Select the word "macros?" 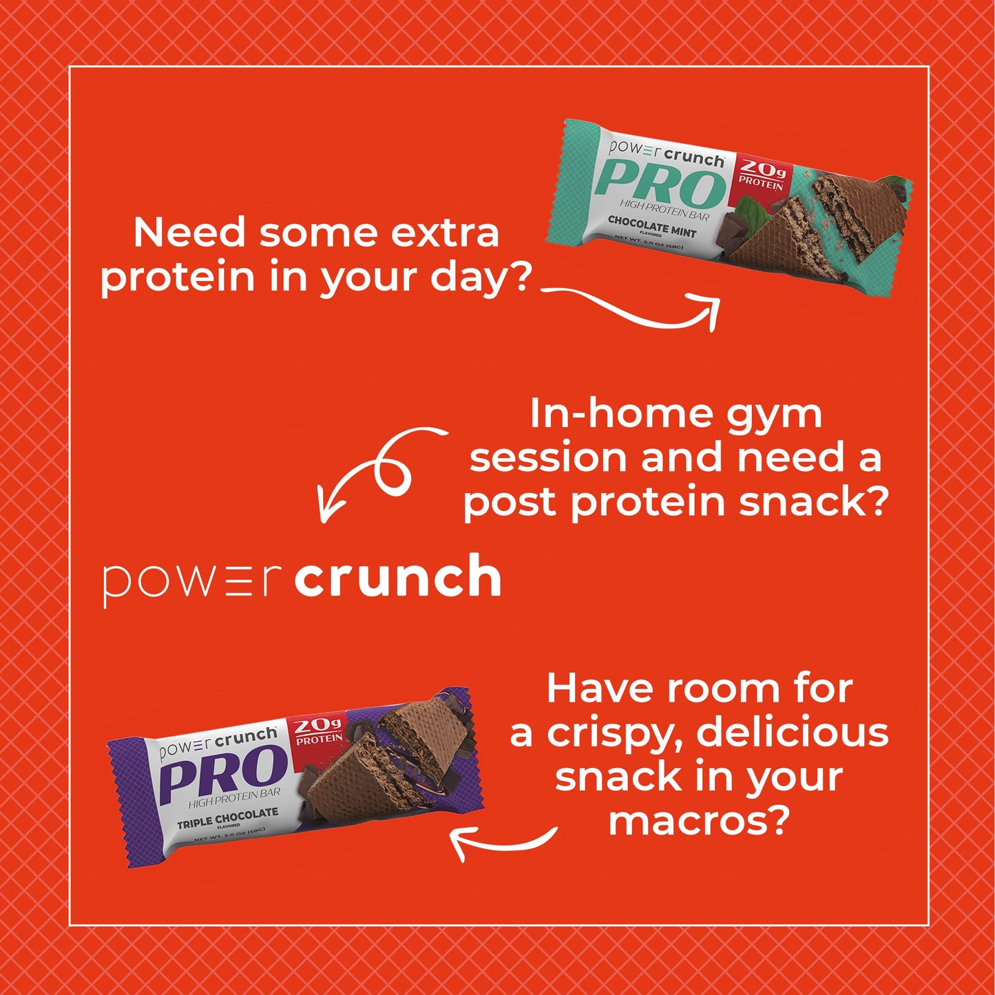[x=698, y=820]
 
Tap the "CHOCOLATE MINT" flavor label [x=651, y=227]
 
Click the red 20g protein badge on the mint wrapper [x=762, y=174]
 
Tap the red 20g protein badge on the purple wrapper [x=319, y=732]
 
